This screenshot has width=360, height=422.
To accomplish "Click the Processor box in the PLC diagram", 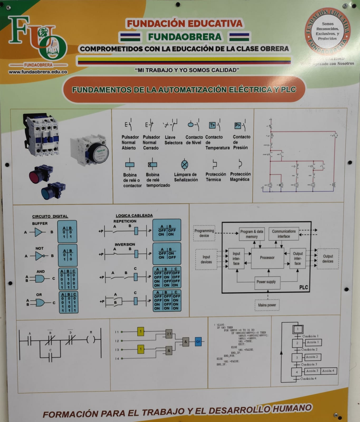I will (267, 258).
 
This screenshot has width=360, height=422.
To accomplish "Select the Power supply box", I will (266, 282).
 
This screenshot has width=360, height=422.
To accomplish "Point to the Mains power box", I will (267, 305).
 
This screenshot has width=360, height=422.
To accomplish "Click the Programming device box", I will (204, 233).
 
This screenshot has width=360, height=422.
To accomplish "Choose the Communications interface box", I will (284, 234).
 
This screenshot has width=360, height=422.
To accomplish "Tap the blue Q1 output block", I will (198, 342).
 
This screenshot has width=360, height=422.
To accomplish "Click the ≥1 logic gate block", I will (169, 334).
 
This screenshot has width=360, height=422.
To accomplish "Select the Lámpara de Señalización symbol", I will (185, 165).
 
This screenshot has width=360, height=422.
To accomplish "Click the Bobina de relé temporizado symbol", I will (152, 165).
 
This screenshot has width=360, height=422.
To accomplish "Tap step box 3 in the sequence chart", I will (297, 358).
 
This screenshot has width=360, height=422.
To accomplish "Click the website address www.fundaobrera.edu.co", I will (38, 72).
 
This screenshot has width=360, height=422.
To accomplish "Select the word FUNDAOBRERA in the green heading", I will (185, 37).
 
